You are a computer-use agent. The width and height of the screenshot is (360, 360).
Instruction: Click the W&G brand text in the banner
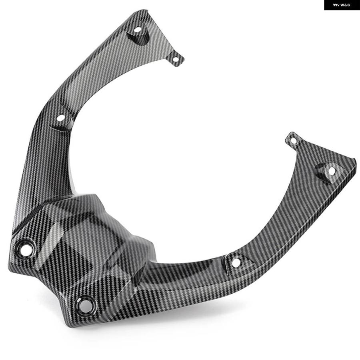tap(346, 5)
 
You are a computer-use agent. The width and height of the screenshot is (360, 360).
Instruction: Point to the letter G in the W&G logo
tap(348, 5)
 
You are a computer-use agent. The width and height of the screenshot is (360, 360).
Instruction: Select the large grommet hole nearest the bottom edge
tap(85, 305)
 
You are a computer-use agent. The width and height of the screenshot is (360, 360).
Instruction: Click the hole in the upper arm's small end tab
tap(176, 60)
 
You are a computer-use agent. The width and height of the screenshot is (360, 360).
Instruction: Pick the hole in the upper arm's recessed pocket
tap(138, 30)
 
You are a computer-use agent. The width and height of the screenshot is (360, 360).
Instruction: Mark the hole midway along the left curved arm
tap(61, 118)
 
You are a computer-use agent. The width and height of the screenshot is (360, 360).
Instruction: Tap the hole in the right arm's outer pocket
tap(332, 171)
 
